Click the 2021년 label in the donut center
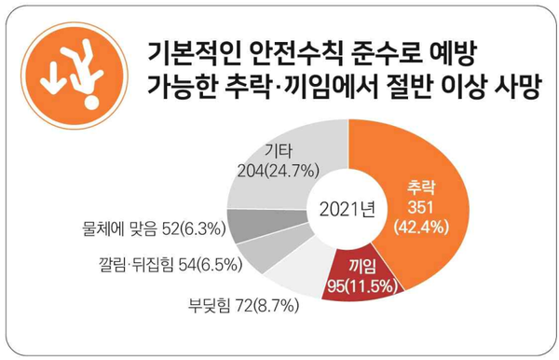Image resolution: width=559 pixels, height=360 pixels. [x=346, y=206]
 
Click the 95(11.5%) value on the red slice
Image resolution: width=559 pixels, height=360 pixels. [x=358, y=284]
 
